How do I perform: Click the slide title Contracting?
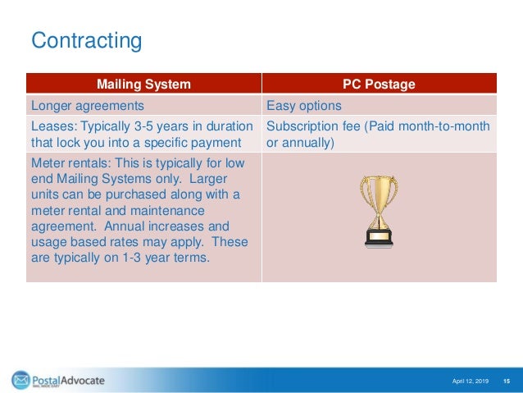coord(86,41)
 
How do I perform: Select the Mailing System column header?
coord(143,84)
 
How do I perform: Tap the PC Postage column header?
coord(379,84)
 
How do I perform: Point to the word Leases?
coord(54,126)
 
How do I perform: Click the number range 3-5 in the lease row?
coord(143,126)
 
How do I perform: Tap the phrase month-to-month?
coord(444,126)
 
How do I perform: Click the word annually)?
coord(308,143)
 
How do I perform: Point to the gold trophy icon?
coord(379,212)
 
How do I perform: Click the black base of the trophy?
coord(379,238)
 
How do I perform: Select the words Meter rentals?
coord(70,163)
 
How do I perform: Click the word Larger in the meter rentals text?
coord(208,180)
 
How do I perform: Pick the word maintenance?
coord(167,211)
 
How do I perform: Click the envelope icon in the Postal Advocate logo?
coord(21,380)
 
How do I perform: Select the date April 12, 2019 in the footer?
coord(470,381)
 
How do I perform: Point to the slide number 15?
coord(507,381)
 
